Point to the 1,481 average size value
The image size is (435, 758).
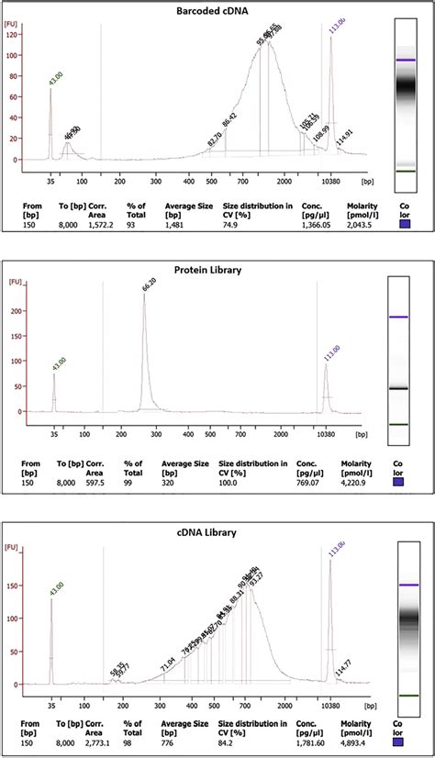tap(174, 223)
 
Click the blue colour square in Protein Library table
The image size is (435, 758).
tap(396, 481)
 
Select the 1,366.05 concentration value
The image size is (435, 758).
tap(313, 223)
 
